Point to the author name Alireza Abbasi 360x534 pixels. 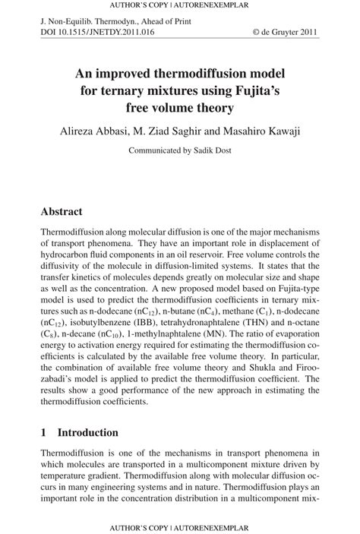(x=94, y=131)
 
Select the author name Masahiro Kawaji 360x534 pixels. (x=257, y=131)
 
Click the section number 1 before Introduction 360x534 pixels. (x=44, y=432)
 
